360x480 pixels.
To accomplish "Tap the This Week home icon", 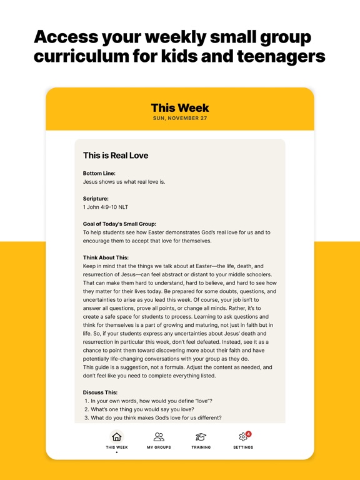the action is tap(116, 437).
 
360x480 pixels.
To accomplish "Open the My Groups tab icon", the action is tap(159, 437).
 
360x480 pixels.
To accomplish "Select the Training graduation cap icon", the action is tap(201, 437).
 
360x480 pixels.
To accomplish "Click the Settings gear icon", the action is tap(243, 437).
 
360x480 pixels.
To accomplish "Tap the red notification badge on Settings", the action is tap(248, 434).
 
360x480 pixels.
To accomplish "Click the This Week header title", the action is tap(180, 108).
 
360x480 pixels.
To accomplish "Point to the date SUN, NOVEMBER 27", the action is tap(180, 118).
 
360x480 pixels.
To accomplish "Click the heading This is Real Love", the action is tap(116, 155).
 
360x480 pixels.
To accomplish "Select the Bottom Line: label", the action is tap(99, 173).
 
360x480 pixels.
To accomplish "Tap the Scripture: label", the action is tap(96, 198).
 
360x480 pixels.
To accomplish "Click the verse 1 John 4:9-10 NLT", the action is tap(106, 207).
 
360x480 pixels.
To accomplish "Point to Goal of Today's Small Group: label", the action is tap(119, 224).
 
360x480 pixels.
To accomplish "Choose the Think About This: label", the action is tap(106, 257).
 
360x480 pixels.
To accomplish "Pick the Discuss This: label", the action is tap(101, 392).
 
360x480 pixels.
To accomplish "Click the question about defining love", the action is tap(151, 401).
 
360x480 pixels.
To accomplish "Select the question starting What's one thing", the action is tap(142, 409).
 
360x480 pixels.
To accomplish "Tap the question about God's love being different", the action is tap(156, 418).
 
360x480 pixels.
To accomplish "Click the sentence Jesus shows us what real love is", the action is tap(124, 182).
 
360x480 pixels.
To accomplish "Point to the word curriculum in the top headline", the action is tap(80, 56).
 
